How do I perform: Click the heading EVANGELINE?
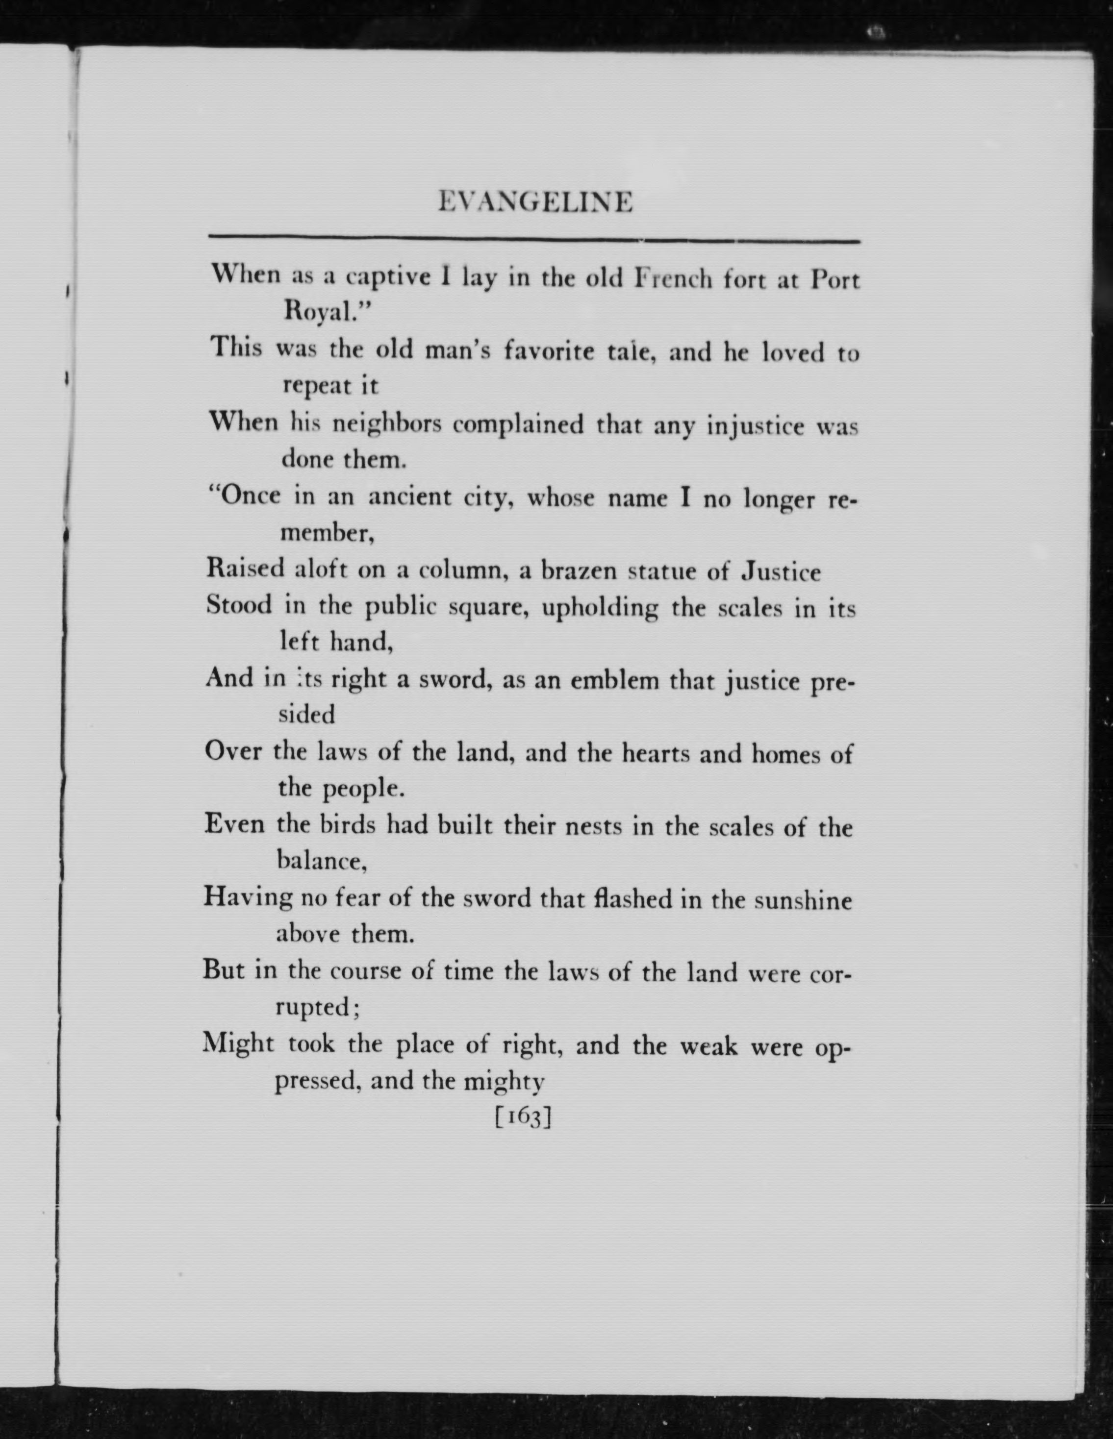pyautogui.click(x=535, y=202)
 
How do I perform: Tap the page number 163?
pyautogui.click(x=522, y=1117)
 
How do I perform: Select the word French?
pyautogui.click(x=672, y=279)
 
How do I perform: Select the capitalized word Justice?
pyautogui.click(x=781, y=572)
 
